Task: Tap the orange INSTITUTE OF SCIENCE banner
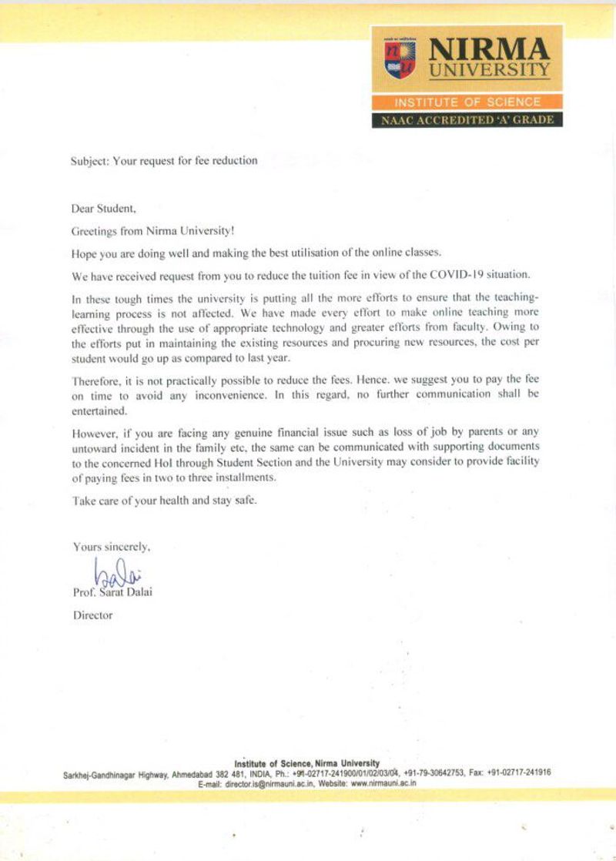(467, 102)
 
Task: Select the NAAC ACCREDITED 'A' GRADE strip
(467, 119)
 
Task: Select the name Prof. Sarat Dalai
(112, 592)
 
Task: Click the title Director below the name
(92, 615)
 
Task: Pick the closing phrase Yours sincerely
(111, 547)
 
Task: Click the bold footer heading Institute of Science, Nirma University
(306, 763)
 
